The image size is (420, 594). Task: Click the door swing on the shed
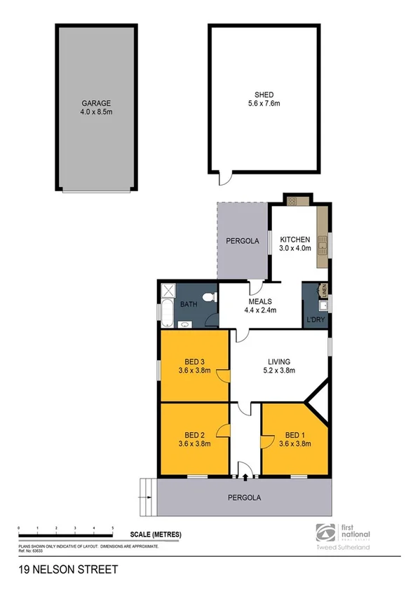[x=224, y=179]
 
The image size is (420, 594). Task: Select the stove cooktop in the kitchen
[x=292, y=201]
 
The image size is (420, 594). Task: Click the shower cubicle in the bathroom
[x=168, y=291]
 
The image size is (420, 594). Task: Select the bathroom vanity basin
[x=183, y=324]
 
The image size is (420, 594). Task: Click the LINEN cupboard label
[x=325, y=289]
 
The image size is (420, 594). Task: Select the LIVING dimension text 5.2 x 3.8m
[x=278, y=371]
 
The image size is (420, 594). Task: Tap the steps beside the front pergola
[x=147, y=497]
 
